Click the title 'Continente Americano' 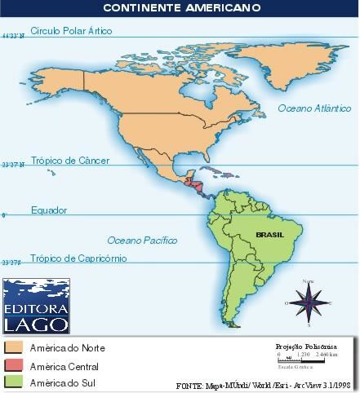(181, 7)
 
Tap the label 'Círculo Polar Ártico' (71, 31)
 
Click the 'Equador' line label (49, 210)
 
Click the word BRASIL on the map (269, 232)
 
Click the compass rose (309, 301)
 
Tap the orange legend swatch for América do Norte (13, 348)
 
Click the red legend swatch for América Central (13, 365)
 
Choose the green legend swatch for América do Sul (13, 382)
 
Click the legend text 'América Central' (64, 366)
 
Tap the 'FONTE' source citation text (265, 384)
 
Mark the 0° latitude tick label (4, 215)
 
